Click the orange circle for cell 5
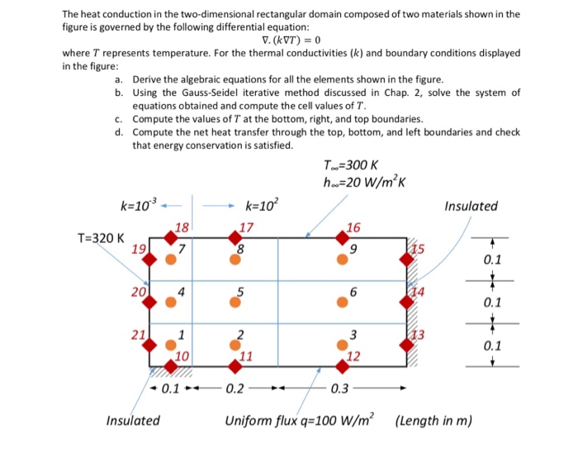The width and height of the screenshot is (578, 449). click(x=236, y=303)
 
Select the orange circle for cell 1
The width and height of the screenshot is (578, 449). click(x=171, y=345)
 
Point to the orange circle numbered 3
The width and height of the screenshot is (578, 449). click(x=342, y=345)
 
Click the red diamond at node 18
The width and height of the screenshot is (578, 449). click(x=171, y=238)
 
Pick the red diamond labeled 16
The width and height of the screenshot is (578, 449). click(x=342, y=238)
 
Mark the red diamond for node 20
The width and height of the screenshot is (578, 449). click(x=150, y=303)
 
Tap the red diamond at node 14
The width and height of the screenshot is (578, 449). click(x=407, y=303)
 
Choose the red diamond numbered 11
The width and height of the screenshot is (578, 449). click(x=236, y=365)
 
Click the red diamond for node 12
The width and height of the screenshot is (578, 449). click(x=342, y=365)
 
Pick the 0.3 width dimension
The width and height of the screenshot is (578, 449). click(x=339, y=388)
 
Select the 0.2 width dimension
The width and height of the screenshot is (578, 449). click(x=235, y=388)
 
